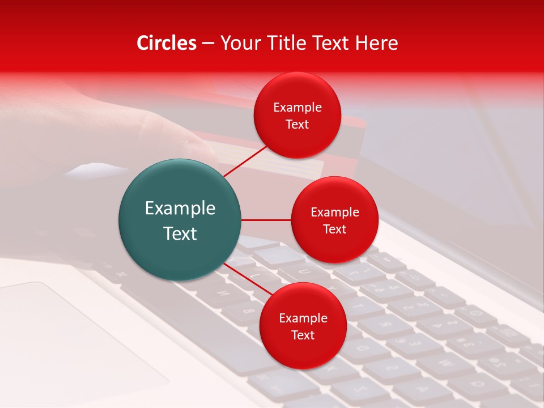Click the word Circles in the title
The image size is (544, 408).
tap(167, 43)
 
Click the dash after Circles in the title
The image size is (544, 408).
tap(208, 44)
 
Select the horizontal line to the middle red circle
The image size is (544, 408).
tap(266, 220)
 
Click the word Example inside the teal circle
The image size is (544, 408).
tap(180, 209)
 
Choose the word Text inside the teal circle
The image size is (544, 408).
tap(180, 233)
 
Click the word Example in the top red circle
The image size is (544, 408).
tap(297, 108)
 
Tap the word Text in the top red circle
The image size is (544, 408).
tap(297, 125)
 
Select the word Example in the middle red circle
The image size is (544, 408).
tap(334, 212)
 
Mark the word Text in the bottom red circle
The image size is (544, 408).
tap(303, 335)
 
